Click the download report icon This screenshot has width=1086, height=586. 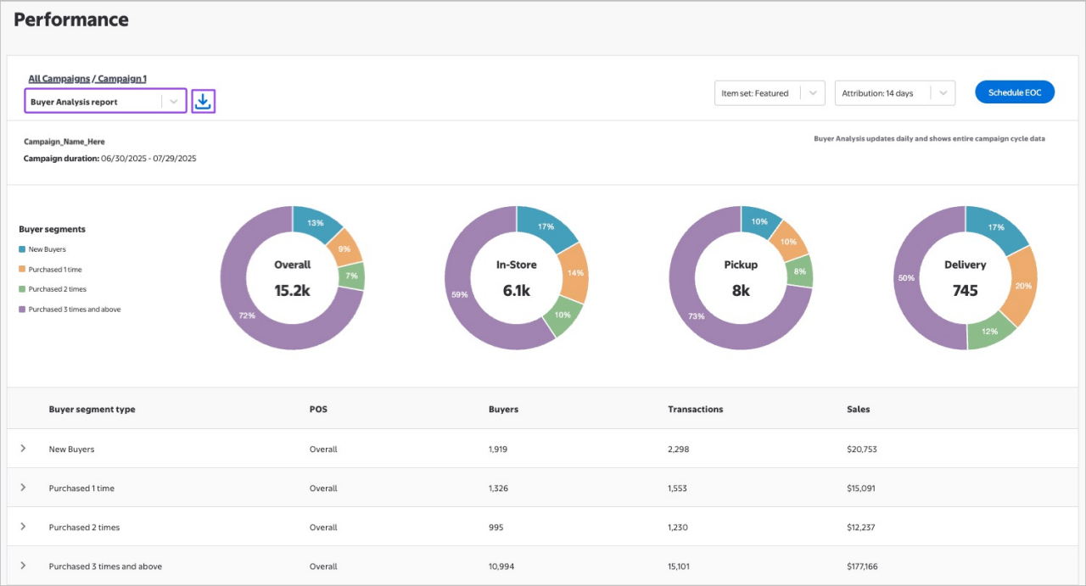click(203, 102)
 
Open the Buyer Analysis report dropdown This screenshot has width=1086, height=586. click(105, 102)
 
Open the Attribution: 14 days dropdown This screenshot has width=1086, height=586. click(894, 93)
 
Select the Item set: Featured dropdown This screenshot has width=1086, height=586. click(769, 93)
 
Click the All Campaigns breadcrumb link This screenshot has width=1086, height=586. click(59, 79)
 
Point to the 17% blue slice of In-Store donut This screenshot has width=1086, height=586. click(546, 226)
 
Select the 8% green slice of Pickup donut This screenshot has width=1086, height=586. click(798, 271)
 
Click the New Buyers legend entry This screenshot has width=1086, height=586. click(47, 249)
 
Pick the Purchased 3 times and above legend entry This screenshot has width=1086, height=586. click(74, 310)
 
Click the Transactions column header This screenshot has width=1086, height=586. click(695, 409)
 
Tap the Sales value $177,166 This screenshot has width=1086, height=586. click(862, 566)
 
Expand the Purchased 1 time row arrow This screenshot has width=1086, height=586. click(23, 488)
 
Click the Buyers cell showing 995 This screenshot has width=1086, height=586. click(495, 527)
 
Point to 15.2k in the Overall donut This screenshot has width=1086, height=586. click(292, 291)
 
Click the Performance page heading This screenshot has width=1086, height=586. click(71, 20)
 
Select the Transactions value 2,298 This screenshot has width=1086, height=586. click(677, 449)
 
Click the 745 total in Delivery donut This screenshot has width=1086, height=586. click(965, 291)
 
